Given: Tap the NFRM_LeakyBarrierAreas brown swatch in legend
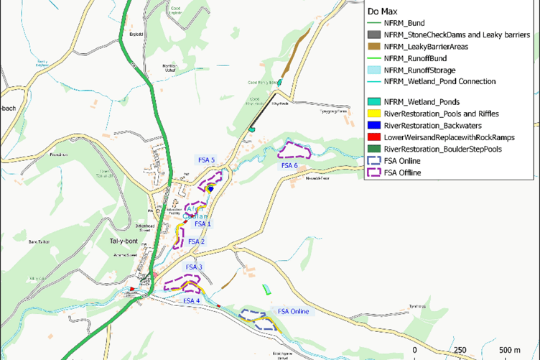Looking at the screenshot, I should point(373,47).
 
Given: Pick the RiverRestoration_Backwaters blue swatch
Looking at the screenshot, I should point(373,125).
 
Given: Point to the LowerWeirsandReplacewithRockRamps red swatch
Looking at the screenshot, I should point(373,137).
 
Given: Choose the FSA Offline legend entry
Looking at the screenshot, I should point(402,172).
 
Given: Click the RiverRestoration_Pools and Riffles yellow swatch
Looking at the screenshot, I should point(373,114).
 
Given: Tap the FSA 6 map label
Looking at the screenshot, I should point(289,165).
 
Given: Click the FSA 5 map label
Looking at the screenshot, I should point(205,159).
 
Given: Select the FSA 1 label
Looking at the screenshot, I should point(204,223).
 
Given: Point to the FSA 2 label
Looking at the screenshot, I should point(196,241).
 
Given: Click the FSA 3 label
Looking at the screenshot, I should point(195,267).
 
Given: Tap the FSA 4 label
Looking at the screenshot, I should point(192,300).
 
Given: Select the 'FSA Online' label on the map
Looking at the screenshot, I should point(294,311).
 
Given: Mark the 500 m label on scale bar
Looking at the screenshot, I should point(509,349).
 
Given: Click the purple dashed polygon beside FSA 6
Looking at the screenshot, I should point(294,150).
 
